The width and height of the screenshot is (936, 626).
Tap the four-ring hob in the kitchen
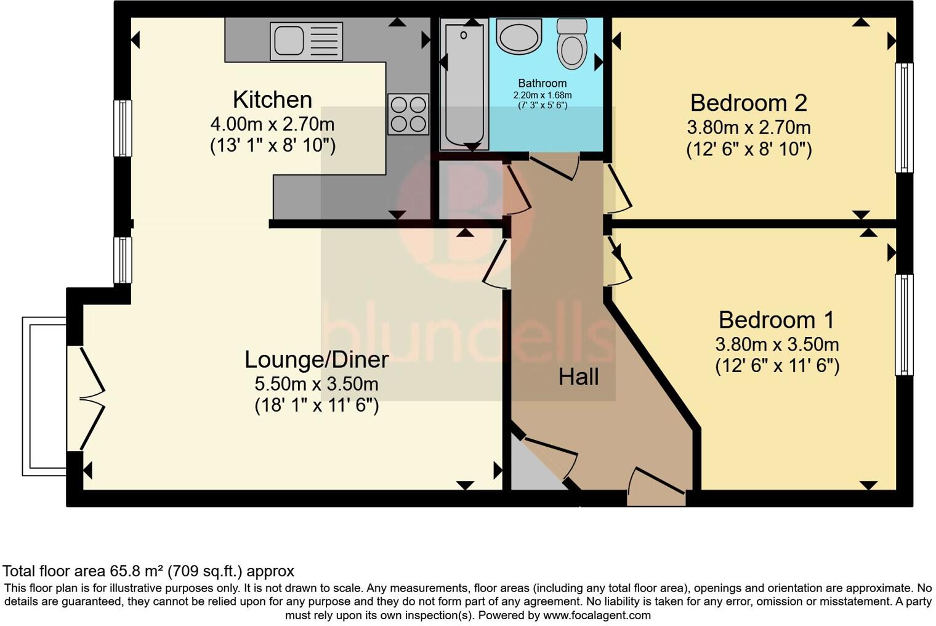408,114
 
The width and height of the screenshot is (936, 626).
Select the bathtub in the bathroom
464,84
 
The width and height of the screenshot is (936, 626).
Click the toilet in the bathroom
572,44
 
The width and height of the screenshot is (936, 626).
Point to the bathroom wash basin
518,37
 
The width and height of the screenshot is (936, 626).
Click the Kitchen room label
272,100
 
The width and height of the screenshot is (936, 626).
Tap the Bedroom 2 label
749,103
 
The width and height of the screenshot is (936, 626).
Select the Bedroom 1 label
777,320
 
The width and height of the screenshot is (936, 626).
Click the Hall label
579,377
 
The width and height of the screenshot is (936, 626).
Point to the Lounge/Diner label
317,360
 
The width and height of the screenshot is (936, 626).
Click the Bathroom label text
543,83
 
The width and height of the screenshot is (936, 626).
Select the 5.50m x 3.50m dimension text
317,384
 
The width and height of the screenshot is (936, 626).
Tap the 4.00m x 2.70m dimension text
272,124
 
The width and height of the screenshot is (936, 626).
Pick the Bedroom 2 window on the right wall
904,118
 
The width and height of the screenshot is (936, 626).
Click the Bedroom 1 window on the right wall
904,325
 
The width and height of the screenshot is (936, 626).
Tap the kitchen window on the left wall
123,128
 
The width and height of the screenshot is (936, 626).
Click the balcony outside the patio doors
44,396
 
